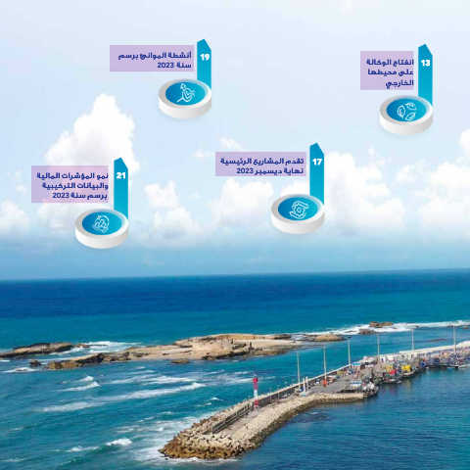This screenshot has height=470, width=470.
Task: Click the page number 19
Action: coord(205,58)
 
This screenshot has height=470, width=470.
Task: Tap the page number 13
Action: coord(426,63)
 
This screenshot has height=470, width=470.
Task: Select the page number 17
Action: coord(317,162)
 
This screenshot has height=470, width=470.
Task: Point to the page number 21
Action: coord(120,176)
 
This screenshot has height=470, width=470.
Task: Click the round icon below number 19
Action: coord(185,98)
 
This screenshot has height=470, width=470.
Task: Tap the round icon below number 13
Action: coord(406,115)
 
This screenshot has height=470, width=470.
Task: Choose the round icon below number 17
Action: coord(298,213)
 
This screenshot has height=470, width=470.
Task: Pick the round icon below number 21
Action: coord(102,228)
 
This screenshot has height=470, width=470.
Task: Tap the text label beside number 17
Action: coord(261,166)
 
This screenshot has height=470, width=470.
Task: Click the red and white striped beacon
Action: coord(256,393)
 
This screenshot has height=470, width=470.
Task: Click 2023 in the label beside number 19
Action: coord(165,66)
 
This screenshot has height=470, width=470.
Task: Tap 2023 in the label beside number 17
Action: coord(245,171)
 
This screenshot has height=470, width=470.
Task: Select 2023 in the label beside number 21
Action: coord(61,195)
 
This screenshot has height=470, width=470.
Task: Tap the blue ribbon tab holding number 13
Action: coord(425,74)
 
